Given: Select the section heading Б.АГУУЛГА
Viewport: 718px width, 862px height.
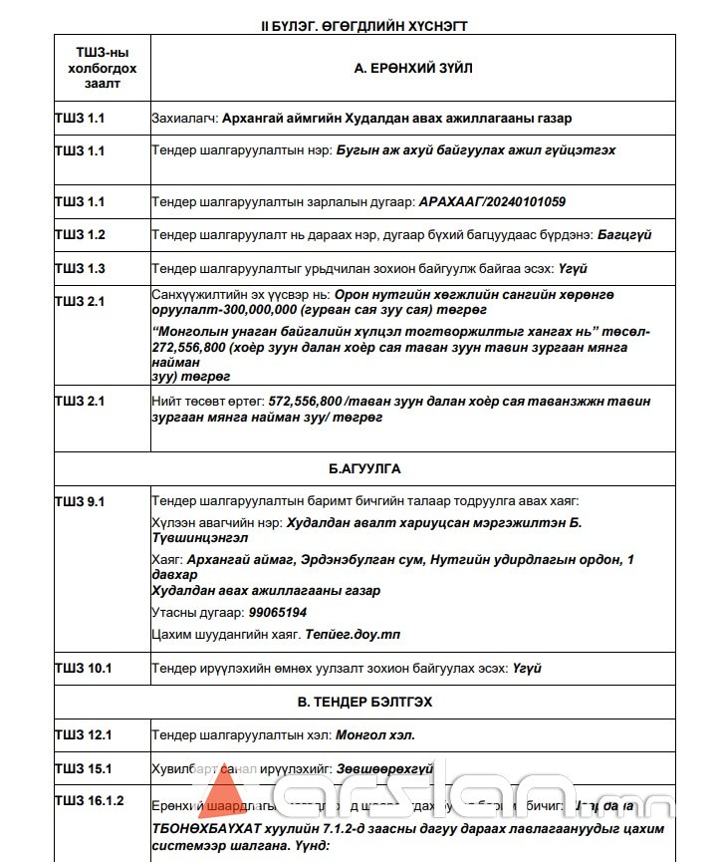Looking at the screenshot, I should (364, 468).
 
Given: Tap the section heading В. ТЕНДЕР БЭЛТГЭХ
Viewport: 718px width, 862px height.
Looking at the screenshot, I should (364, 702).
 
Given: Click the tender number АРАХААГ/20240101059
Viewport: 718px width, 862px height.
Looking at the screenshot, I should (492, 202).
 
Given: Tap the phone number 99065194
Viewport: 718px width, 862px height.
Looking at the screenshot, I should (278, 612).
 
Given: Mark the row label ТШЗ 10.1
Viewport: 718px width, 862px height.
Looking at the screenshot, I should (84, 668).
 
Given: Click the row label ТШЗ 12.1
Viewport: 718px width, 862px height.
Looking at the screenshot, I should (84, 735).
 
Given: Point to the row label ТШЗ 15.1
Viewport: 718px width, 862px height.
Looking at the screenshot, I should (84, 768).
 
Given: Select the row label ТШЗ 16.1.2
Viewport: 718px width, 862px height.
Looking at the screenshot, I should (90, 801).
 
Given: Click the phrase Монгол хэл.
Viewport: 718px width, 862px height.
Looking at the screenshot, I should (375, 735).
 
